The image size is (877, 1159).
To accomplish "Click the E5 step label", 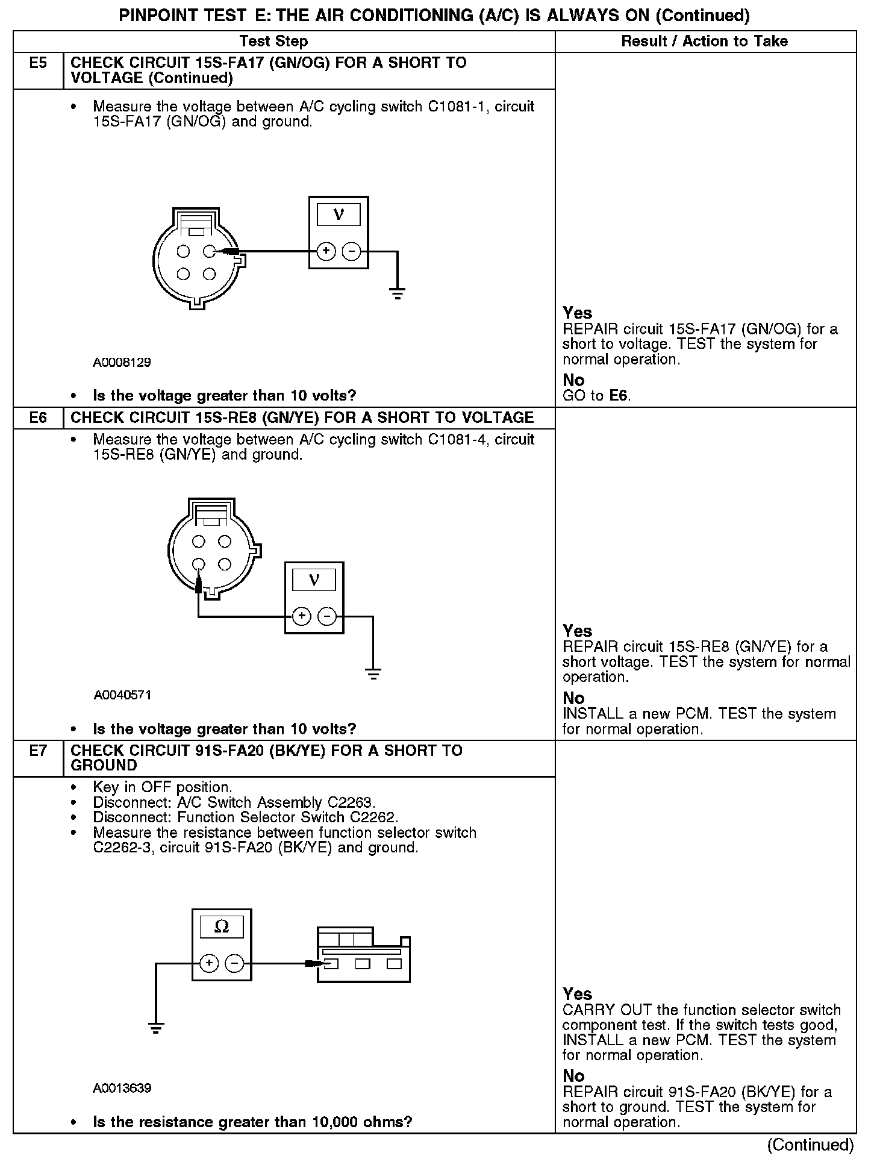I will point(38,63).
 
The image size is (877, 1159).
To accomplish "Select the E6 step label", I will point(38,417).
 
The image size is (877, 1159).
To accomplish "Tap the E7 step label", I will point(38,751).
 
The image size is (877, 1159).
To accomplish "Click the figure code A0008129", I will point(122,363).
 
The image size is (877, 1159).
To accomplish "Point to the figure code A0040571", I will point(122,695).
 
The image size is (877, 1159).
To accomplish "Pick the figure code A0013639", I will point(122,1088).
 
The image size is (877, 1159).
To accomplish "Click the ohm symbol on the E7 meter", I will point(222,927).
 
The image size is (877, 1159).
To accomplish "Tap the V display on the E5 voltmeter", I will point(339,214).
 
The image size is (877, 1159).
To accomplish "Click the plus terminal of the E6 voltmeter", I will point(301,616).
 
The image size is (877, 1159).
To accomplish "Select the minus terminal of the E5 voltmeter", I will point(352,251).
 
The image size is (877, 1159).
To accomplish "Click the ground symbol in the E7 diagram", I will point(156,1028).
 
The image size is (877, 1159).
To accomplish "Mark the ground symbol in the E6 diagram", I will point(373,673).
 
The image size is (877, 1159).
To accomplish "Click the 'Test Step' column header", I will point(273,41).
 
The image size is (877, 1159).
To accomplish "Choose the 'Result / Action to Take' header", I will point(704,41).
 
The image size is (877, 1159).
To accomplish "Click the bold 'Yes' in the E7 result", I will point(577,994).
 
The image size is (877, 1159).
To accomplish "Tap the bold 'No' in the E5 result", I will point(573,380).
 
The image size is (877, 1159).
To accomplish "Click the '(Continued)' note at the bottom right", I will point(810,1145).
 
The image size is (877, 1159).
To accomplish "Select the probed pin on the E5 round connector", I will point(209,251).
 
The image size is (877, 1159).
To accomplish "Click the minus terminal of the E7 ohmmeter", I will point(234,964).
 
